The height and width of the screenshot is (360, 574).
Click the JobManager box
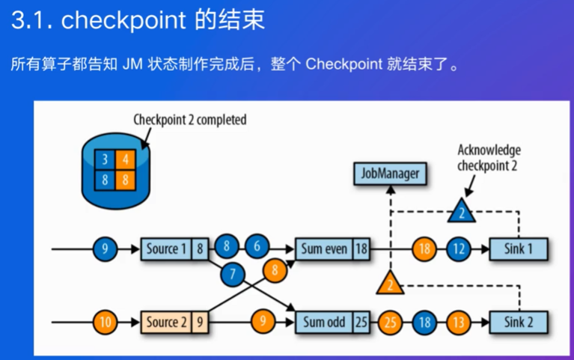390,174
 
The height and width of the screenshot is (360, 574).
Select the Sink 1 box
519,249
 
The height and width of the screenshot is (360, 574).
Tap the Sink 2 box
519,323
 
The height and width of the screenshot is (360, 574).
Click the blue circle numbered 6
257,246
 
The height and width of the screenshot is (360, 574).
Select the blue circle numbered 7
233,274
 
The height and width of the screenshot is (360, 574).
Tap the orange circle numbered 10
105,323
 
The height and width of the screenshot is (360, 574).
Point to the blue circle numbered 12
459,249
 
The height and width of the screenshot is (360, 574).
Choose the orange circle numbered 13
459,323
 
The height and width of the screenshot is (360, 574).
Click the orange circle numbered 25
390,323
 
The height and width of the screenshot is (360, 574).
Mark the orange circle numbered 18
424,249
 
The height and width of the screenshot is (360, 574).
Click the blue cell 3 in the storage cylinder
105,159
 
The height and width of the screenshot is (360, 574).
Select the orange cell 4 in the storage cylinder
126,159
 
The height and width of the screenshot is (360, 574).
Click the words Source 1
166,249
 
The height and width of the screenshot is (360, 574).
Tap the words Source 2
166,323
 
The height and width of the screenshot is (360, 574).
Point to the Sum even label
324,249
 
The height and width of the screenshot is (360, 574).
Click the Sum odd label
324,323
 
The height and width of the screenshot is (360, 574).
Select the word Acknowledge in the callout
489,150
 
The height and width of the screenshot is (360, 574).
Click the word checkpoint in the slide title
123,20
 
